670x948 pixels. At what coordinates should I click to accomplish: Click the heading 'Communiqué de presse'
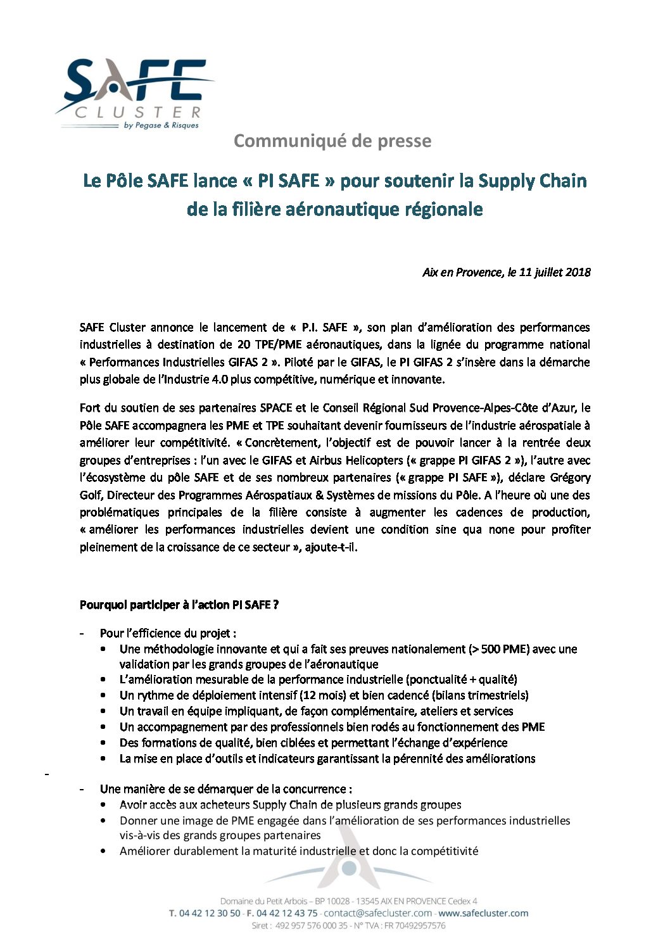click(332, 141)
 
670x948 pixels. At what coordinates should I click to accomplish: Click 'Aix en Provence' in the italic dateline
click(462, 272)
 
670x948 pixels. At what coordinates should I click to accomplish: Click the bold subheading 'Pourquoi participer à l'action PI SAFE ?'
click(179, 605)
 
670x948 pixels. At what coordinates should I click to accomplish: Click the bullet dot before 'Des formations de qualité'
click(103, 743)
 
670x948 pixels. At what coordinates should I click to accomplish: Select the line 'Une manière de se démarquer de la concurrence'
click(225, 789)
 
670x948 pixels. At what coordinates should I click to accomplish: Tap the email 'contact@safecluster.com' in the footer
click(378, 913)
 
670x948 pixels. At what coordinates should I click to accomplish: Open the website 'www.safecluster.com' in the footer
click(483, 913)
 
